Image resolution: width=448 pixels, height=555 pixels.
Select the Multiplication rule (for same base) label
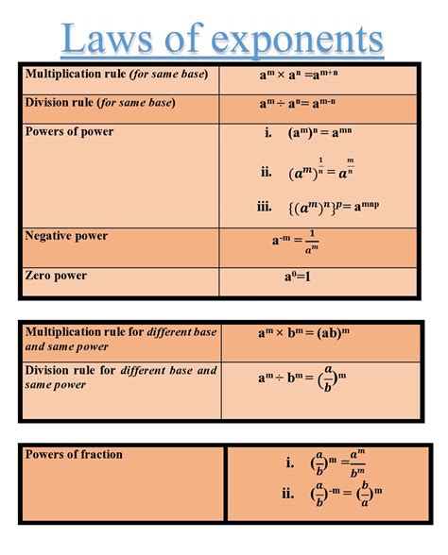116,74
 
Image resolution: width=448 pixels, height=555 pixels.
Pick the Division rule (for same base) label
100,102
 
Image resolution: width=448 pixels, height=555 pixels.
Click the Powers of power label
69,131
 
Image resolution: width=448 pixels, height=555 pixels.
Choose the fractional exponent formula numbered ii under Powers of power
321,171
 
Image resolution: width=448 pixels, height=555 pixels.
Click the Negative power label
66,235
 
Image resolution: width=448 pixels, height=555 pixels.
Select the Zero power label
56,276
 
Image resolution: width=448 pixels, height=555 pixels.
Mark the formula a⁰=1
296,277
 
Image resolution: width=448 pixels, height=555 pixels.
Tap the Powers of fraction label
74,454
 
